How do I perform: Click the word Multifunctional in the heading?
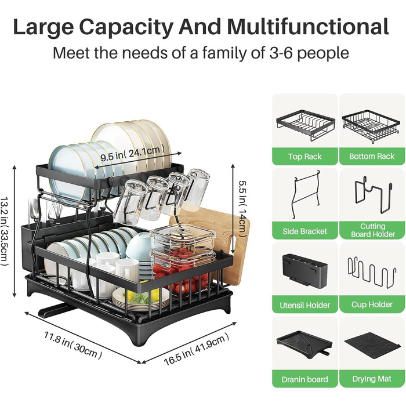point(308,27)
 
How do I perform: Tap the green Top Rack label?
point(304,157)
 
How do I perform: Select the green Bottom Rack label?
point(372,157)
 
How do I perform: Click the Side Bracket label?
point(304,231)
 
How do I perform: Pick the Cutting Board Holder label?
point(372,230)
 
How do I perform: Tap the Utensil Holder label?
point(304,305)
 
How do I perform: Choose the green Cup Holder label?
point(372,304)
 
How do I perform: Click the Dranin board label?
point(304,379)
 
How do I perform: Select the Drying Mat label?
point(372,379)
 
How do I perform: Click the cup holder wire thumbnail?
point(372,273)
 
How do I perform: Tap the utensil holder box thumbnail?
point(304,271)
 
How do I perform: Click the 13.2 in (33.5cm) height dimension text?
point(5,231)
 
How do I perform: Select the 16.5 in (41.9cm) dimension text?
point(197,349)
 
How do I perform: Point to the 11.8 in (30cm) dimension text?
point(72,345)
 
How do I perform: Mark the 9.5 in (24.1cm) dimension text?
point(132,153)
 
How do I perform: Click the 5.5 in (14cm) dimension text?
point(242,208)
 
